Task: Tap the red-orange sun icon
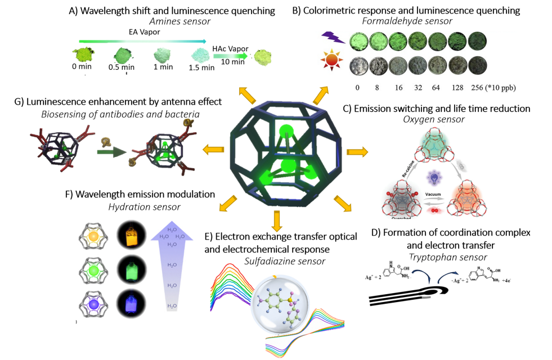pos(330,64)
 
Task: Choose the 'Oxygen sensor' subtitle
pos(438,120)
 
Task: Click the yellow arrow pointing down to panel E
pos(276,220)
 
